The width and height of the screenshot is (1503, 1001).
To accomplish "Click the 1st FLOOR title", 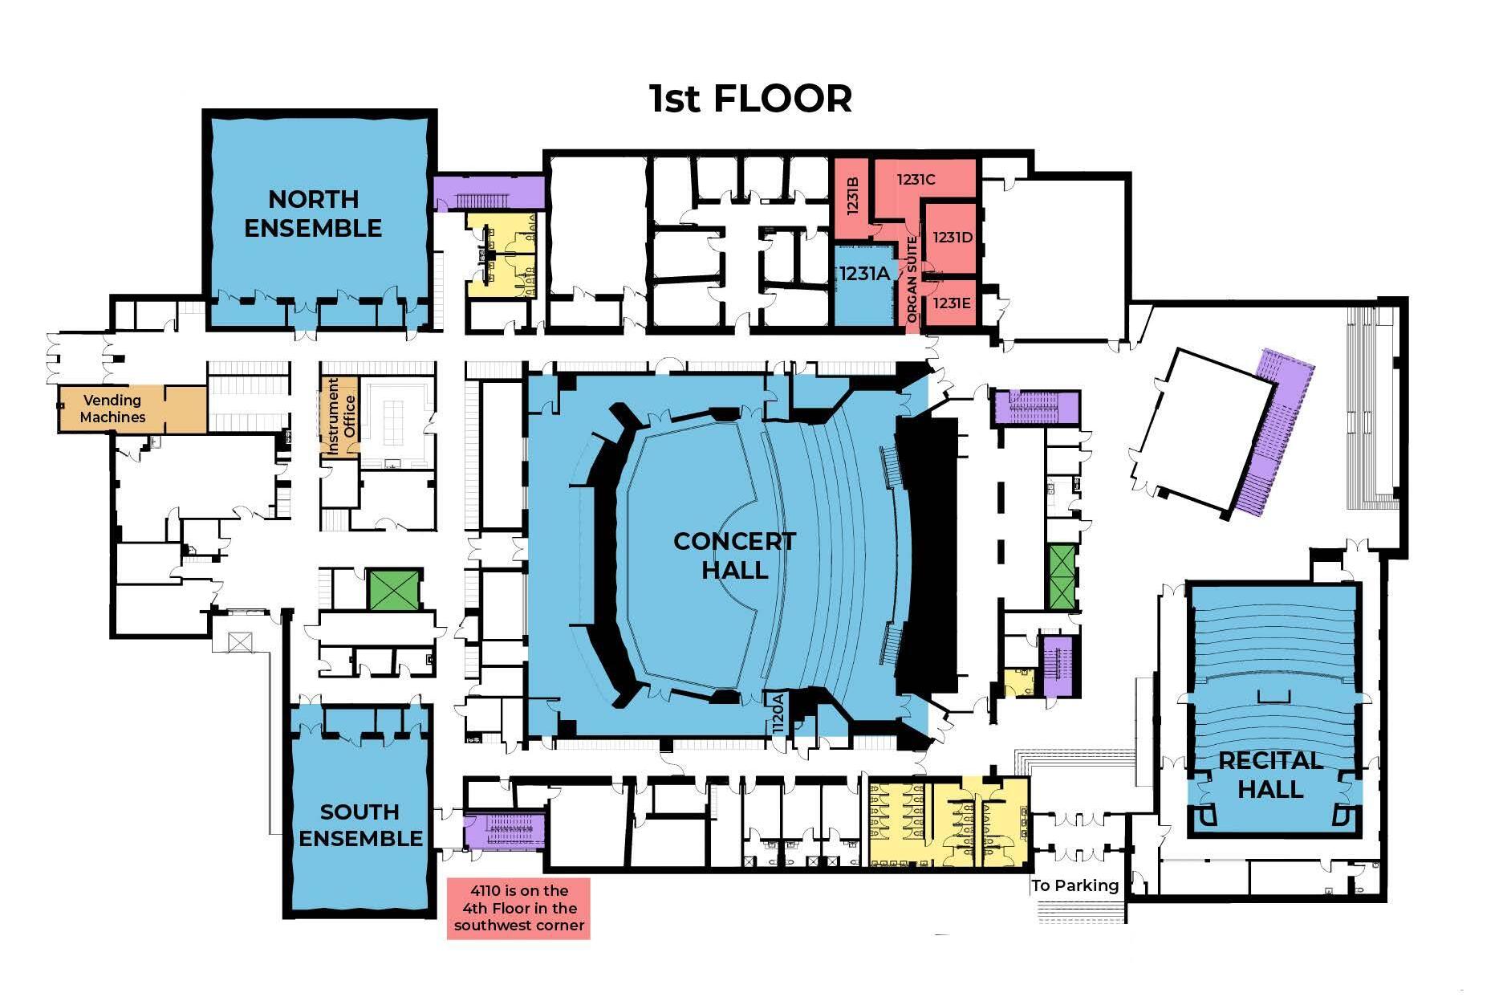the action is click(750, 99).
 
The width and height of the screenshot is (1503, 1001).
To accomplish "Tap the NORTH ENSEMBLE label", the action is click(313, 214).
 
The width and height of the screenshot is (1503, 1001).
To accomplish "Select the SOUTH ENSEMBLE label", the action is click(360, 825).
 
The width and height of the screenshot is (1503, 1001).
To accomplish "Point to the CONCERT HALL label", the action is click(734, 555).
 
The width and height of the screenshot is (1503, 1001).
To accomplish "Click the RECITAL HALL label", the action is click(1270, 775).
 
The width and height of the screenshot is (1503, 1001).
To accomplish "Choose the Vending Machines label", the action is click(113, 409).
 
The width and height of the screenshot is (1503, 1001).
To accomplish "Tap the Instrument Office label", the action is click(341, 416).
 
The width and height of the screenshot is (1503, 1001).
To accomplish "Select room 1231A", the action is click(863, 275).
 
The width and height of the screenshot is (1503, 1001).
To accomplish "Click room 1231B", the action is click(853, 195).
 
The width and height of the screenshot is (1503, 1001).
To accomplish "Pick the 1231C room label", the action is click(916, 180).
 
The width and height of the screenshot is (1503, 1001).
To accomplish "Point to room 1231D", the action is click(952, 238).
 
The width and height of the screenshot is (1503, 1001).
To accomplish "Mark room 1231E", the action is click(952, 303).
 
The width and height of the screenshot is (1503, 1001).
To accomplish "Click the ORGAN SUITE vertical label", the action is click(912, 279).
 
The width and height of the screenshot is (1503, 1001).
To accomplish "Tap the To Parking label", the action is click(1074, 885).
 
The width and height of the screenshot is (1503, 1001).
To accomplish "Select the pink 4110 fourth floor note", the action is click(518, 908).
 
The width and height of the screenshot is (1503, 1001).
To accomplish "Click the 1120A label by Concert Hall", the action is click(777, 714).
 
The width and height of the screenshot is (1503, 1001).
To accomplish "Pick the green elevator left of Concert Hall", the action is click(394, 590).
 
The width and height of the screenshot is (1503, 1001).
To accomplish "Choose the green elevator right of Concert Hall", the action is click(1062, 576).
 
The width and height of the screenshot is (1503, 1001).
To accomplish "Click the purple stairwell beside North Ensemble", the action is click(489, 193).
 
